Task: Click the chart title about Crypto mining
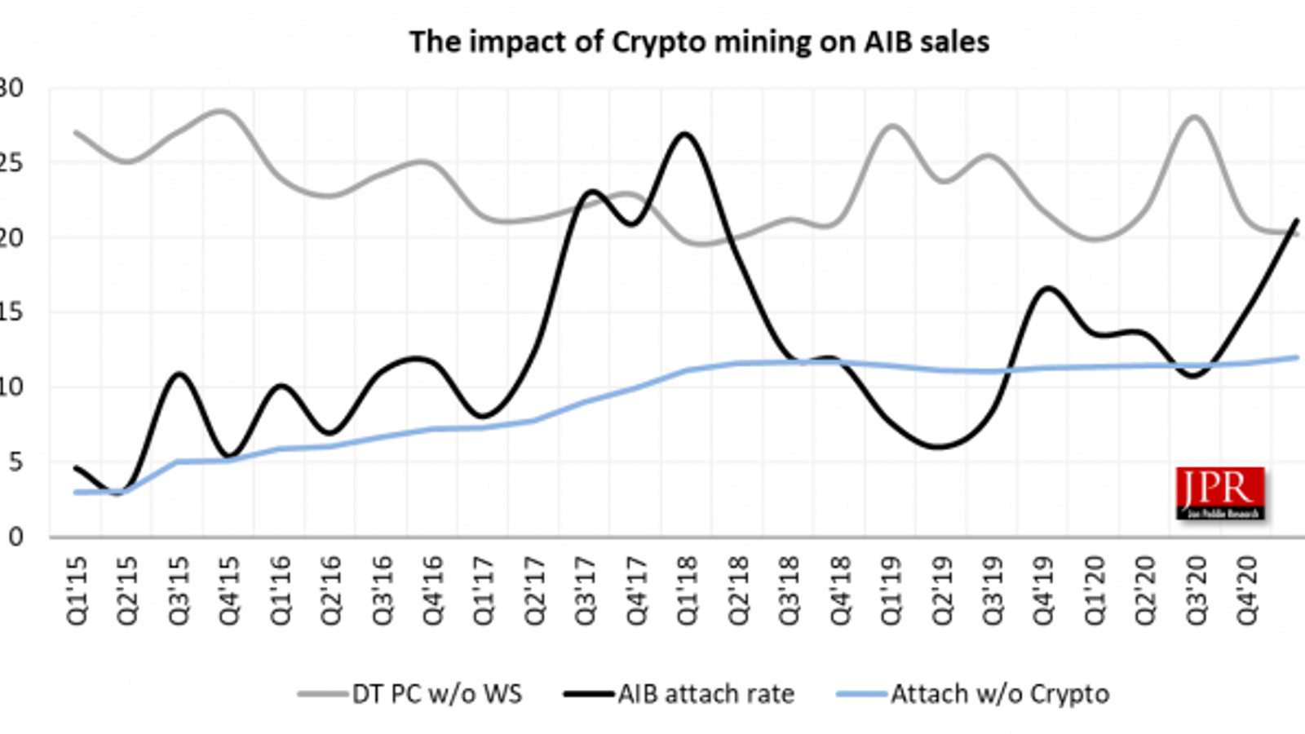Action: click(699, 42)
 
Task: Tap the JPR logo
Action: click(1220, 493)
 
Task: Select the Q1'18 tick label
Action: click(687, 591)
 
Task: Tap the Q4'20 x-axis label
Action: click(1247, 591)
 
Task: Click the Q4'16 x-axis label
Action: click(432, 591)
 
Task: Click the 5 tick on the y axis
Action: click(15, 462)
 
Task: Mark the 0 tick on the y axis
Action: click(15, 537)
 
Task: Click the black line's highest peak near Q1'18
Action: click(684, 134)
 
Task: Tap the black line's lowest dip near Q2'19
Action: click(940, 447)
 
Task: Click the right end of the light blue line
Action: click(1297, 357)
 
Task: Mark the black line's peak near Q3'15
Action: click(179, 374)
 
